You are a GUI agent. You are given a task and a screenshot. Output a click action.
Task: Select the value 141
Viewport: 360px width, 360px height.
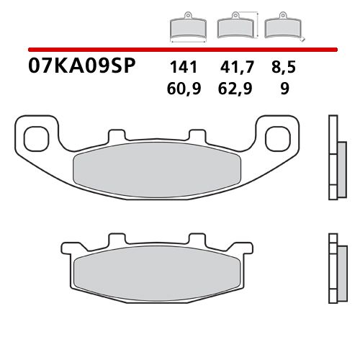pos(184,69)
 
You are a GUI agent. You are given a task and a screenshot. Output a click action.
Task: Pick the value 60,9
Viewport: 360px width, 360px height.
pos(184,91)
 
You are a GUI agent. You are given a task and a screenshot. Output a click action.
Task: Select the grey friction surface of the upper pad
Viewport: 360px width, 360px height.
pos(158,168)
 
